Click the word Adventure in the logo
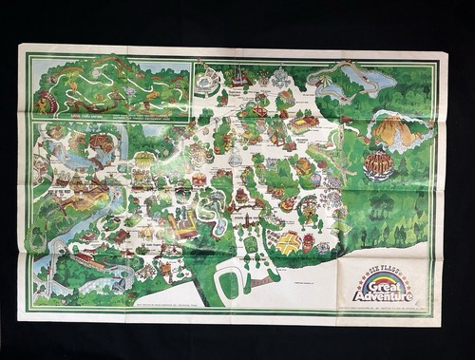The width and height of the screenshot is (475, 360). (385, 294)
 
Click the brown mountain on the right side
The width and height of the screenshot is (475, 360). (395, 133)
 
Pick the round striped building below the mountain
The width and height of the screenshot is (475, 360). (377, 164)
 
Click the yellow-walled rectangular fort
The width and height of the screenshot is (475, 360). (182, 226)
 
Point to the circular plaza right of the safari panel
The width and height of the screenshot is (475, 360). (206, 84)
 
